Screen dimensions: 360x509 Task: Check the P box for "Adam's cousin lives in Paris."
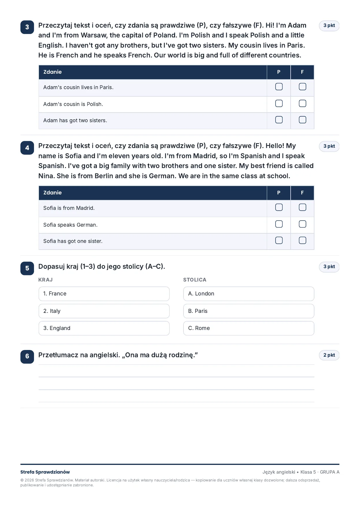279,87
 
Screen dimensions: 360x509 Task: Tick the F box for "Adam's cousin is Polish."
302,104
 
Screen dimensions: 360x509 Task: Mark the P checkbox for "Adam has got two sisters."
279,120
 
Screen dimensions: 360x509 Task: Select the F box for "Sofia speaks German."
302,224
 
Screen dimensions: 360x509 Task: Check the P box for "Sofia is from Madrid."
279,207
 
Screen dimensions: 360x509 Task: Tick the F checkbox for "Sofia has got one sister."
302,240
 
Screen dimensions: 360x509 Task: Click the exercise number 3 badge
27,27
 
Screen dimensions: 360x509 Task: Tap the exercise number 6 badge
27,357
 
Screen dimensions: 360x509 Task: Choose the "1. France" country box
104,294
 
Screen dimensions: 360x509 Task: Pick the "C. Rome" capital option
249,328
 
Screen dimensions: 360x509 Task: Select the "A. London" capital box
249,294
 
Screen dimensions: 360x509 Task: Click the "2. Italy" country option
104,311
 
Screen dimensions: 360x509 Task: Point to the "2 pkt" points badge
329,355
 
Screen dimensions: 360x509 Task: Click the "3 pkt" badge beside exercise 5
329,267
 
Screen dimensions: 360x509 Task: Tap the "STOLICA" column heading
195,280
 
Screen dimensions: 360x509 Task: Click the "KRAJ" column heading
45,280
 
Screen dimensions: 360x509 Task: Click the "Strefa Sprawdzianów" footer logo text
45,472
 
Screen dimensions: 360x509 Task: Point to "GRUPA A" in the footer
330,472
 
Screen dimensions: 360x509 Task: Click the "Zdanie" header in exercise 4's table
53,193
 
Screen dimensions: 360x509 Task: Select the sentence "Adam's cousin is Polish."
73,104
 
